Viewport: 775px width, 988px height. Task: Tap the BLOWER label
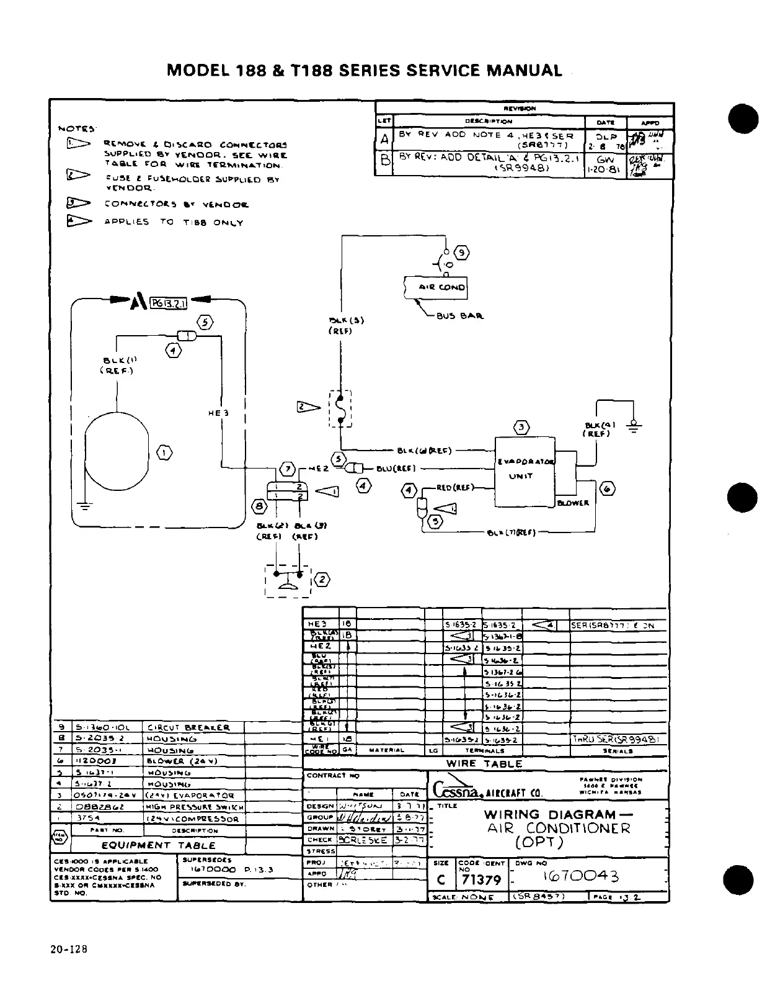click(x=572, y=503)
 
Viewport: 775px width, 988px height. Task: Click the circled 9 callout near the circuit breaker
click(x=462, y=253)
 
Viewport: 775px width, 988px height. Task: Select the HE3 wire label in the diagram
click(x=221, y=413)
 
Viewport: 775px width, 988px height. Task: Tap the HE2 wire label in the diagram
click(x=317, y=469)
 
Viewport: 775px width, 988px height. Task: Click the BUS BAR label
click(x=460, y=315)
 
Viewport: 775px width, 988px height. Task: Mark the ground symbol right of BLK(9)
click(x=634, y=426)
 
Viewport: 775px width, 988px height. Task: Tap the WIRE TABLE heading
click(x=485, y=763)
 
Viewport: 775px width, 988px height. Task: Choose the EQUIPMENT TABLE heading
click(x=158, y=845)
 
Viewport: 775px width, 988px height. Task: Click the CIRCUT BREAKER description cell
click(x=188, y=727)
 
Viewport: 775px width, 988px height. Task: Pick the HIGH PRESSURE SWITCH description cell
click(x=194, y=807)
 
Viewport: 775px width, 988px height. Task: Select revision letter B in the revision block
click(x=384, y=159)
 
